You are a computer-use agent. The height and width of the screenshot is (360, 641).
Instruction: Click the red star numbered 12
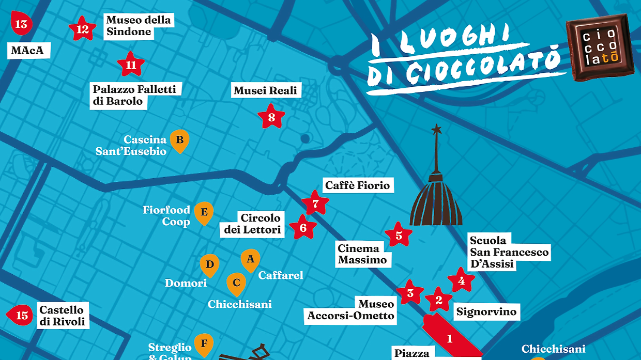(83, 29)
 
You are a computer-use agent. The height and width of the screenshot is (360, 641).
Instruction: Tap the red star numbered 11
(131, 65)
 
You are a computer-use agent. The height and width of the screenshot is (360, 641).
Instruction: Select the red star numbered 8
(271, 117)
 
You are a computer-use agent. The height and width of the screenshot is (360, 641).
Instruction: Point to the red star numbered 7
(315, 204)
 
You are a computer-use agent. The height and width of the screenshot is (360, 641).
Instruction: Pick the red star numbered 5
(399, 236)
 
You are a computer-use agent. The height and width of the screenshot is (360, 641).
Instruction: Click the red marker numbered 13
(21, 24)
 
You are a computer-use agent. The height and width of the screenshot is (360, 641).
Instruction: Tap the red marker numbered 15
(20, 315)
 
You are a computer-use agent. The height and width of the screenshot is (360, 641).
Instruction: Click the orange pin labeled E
(204, 212)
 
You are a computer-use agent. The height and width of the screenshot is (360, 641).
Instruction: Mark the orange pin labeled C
(236, 283)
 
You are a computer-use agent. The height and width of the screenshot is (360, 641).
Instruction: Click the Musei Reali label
(266, 91)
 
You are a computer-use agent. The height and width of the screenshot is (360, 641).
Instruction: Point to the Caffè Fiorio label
(357, 185)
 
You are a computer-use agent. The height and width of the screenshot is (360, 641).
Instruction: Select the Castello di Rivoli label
(62, 316)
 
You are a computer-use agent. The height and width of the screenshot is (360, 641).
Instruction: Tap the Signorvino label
(486, 312)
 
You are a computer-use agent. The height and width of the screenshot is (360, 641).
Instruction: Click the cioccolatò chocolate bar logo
(600, 47)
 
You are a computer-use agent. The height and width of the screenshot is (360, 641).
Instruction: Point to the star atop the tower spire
(437, 129)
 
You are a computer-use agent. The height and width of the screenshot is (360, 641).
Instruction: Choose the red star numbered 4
(461, 281)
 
